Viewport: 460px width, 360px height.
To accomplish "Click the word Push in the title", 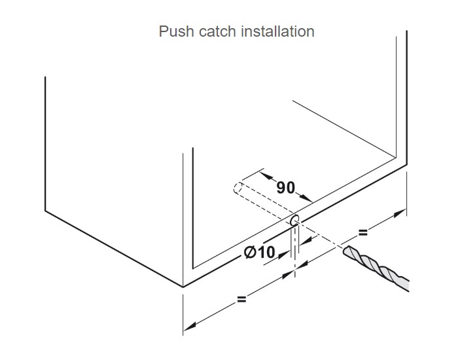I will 175,31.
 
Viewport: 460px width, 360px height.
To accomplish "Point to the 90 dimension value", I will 285,188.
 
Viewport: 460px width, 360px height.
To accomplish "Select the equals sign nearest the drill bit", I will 363,232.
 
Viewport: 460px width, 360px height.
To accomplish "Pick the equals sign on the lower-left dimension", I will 241,299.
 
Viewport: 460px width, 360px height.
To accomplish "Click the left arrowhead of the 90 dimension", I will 264,175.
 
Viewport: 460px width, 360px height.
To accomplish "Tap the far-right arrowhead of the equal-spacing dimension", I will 403,213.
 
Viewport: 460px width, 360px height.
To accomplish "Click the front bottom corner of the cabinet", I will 183,287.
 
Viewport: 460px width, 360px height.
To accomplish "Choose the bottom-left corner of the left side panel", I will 45,211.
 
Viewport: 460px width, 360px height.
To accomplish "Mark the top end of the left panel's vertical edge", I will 45,77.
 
